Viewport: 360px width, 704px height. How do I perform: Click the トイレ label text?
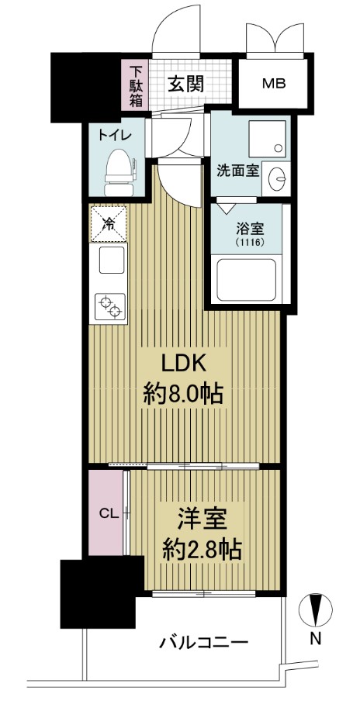(x=114, y=133)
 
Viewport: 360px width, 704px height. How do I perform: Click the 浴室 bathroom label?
(x=248, y=229)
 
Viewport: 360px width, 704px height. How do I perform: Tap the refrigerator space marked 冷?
(x=108, y=223)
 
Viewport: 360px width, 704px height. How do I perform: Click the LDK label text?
(x=183, y=365)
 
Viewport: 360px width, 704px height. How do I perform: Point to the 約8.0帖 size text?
(x=183, y=395)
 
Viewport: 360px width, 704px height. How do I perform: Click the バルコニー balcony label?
(x=204, y=642)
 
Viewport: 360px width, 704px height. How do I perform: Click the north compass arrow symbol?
(x=316, y=609)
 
